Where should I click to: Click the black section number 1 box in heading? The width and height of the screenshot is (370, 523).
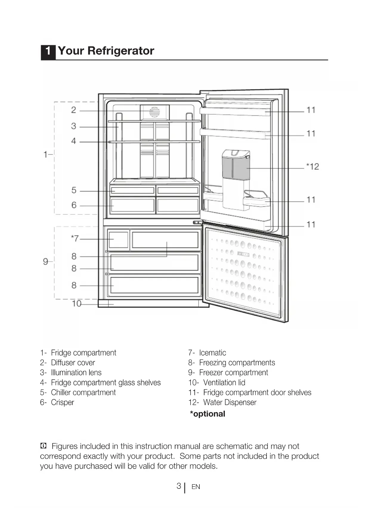tap(48, 51)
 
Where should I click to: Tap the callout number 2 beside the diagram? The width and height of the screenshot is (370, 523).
tap(74, 110)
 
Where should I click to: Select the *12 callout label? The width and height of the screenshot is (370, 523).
tap(313, 166)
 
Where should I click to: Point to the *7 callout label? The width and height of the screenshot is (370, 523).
tap(75, 238)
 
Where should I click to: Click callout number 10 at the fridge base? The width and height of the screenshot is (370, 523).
tap(77, 304)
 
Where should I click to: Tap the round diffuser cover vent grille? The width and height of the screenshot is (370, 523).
tap(154, 112)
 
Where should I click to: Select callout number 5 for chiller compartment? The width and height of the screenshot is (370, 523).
tap(74, 190)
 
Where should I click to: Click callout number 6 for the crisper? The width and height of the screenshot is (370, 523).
tap(74, 205)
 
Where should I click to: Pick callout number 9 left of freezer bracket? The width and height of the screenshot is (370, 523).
tap(46, 261)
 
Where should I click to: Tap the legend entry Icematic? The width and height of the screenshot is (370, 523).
tap(212, 353)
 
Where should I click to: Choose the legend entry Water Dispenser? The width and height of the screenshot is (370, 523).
tap(230, 402)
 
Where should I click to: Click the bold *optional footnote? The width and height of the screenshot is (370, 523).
tap(208, 414)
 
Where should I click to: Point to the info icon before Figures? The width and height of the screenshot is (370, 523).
tap(44, 446)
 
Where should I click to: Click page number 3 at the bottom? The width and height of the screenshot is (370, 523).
tap(179, 486)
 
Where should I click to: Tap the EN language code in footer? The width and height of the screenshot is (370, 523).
tap(196, 487)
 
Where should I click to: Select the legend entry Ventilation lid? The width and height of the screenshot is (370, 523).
tap(224, 383)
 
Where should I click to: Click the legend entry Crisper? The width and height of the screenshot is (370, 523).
tap(62, 402)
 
